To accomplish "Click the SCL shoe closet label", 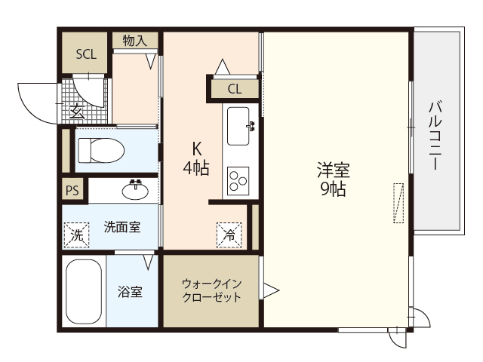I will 85,54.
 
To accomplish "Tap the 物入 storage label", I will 135,41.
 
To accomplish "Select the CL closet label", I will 235,89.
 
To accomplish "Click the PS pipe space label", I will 72,191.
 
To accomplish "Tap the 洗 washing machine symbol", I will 76,235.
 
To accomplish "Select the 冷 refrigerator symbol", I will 228,235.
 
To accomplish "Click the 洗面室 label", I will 121,225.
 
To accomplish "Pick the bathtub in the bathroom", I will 83,292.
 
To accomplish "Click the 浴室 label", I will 130,292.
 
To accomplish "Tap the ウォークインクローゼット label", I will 211,290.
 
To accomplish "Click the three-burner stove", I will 238,179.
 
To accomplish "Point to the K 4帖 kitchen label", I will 195,159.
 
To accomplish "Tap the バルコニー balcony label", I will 435,135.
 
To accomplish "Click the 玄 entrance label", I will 77,113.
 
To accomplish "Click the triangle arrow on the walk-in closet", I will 270,290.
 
